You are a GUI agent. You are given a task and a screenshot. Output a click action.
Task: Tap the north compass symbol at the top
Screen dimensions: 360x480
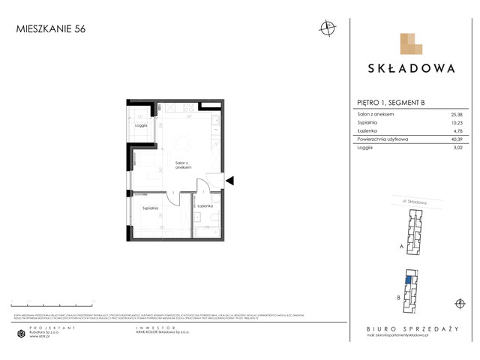click(x=326, y=29)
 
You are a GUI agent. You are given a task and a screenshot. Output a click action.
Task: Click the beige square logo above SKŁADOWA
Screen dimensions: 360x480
click(x=412, y=44)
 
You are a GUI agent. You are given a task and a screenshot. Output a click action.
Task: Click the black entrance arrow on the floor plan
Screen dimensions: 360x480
click(x=230, y=180)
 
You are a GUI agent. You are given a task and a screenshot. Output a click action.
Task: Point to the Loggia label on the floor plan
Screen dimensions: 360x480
click(x=140, y=125)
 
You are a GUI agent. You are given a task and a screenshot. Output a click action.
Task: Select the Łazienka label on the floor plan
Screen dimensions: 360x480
click(x=205, y=205)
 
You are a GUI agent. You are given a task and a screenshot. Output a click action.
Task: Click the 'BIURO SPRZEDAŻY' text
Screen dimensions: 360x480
click(x=411, y=328)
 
